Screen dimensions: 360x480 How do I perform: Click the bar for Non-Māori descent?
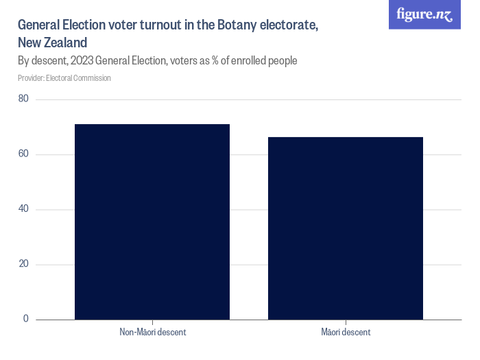pos(152,221)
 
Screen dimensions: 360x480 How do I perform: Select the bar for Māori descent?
pos(346,228)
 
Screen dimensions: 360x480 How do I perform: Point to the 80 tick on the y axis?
pos(23,99)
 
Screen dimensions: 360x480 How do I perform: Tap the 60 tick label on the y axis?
pos(23,154)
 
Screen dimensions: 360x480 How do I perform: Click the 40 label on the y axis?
pos(23,209)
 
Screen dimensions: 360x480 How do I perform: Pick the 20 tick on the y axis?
pos(23,264)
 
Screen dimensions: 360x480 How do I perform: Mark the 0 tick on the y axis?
pos(25,319)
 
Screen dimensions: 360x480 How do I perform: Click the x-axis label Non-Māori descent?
pos(152,333)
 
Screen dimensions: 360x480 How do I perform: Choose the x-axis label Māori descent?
pos(346,333)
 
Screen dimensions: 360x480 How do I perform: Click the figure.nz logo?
pos(424,14)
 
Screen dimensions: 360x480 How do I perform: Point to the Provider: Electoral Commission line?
pos(64,78)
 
